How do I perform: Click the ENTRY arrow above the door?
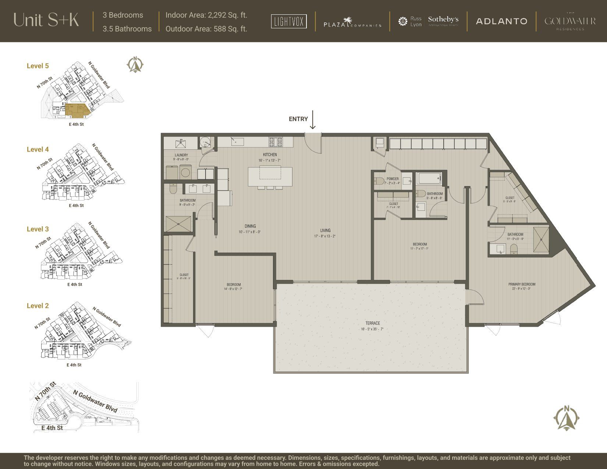point(312,120)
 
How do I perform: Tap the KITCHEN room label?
point(270,154)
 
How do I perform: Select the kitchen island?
point(270,176)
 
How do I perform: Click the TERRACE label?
point(372,323)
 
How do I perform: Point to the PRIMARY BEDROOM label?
point(522,284)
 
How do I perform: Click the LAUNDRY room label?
point(181,155)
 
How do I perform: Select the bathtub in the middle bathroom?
point(429,179)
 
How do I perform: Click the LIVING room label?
point(325,231)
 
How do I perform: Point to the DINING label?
point(250,226)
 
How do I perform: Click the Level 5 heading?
point(38,66)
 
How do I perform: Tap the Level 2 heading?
point(38,306)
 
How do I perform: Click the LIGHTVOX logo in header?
point(289,21)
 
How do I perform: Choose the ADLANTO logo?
point(501,21)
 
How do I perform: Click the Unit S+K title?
point(46,20)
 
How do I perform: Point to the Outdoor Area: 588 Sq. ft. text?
point(206,29)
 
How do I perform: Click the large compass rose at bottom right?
point(567,418)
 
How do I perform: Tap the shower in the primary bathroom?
point(541,239)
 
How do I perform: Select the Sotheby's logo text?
point(443,19)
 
